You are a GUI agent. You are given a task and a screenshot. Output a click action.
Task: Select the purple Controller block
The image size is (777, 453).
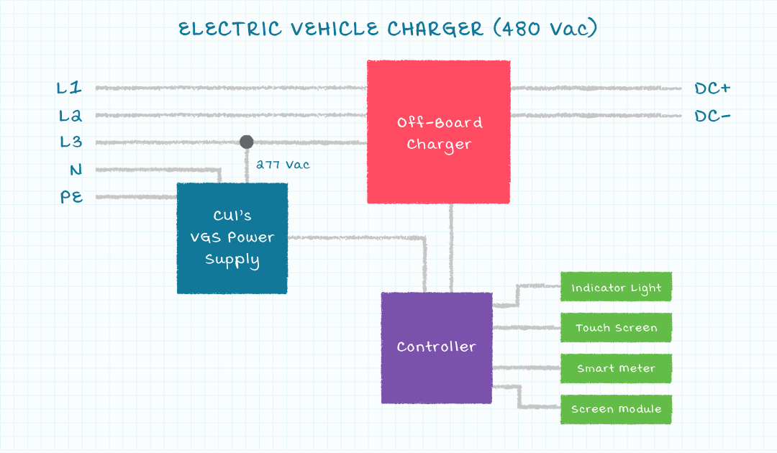437,347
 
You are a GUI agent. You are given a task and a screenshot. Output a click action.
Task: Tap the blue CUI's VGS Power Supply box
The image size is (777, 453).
232,238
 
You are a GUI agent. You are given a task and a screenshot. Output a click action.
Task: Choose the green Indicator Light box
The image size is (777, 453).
616,288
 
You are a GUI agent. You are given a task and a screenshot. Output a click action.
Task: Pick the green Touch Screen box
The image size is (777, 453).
616,328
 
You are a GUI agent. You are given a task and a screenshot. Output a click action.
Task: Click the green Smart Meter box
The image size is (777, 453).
616,368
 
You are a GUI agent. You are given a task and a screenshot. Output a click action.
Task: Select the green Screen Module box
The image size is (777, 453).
616,409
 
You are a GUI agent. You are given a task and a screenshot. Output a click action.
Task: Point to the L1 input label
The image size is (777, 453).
70,88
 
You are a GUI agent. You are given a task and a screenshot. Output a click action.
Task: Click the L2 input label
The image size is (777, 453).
70,115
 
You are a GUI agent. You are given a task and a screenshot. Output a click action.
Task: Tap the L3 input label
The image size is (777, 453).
71,142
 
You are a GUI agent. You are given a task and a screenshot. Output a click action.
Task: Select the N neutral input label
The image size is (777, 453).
76,170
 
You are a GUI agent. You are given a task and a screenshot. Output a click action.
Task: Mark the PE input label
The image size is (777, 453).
72,196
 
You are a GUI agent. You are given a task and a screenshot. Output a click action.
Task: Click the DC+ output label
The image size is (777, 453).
712,88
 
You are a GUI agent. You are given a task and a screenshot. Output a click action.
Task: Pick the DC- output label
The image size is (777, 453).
712,116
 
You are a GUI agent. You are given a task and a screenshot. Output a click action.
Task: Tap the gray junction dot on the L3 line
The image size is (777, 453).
247,142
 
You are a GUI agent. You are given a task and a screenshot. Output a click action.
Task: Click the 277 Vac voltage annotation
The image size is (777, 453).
283,165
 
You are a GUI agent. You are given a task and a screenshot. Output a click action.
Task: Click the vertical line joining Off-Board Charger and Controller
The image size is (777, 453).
452,248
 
